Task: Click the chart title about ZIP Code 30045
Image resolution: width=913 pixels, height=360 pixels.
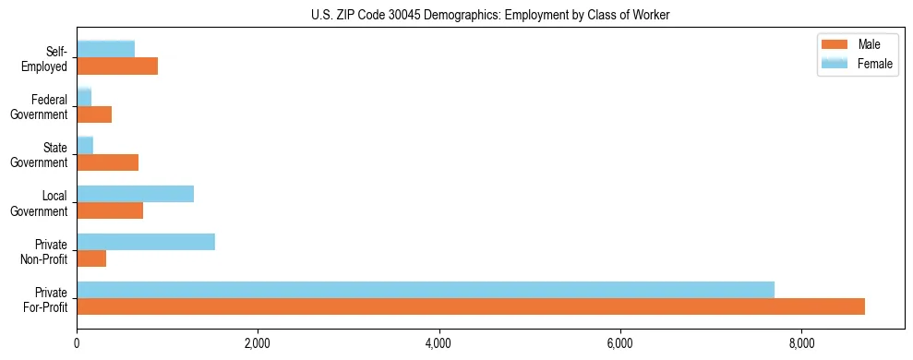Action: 456,14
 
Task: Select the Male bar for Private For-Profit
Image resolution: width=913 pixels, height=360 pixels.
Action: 471,306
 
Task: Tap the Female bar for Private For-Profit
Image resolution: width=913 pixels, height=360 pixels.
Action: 426,289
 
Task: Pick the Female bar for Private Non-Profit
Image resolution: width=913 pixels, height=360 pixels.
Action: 146,242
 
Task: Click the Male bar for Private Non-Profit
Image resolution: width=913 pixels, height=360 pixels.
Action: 91,258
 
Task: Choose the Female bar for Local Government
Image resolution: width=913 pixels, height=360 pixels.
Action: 135,194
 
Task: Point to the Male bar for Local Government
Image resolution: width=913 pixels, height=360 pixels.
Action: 110,210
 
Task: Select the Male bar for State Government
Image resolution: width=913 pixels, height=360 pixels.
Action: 107,162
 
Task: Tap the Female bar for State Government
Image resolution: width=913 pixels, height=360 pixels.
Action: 85,146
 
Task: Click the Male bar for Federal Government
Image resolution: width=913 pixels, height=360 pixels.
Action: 94,114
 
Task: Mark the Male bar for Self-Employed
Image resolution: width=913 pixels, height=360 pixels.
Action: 117,66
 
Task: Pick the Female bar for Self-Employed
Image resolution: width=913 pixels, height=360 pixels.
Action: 105,49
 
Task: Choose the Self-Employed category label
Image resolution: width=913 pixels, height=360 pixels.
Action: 48,57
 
